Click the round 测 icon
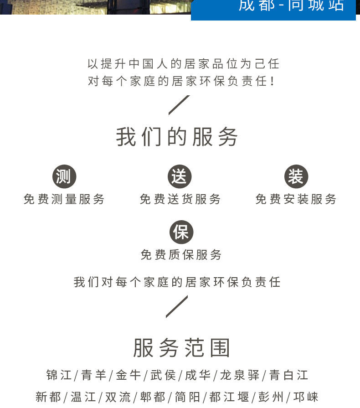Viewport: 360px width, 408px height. (x=64, y=177)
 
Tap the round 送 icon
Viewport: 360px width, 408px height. (x=180, y=177)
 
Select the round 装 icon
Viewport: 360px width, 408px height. (x=296, y=177)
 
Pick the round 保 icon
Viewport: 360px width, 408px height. (x=181, y=232)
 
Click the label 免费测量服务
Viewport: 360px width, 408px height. (x=64, y=199)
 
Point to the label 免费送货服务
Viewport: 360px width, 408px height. (x=180, y=199)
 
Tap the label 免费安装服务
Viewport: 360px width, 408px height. (x=296, y=199)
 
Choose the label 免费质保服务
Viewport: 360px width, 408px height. (x=181, y=255)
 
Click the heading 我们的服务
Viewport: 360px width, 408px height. (x=177, y=137)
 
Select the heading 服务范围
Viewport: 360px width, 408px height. (x=181, y=348)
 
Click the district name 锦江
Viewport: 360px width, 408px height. (x=59, y=375)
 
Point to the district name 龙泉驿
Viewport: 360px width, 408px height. (x=240, y=375)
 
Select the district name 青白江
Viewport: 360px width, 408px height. (x=289, y=375)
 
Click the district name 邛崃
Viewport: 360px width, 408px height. (x=306, y=397)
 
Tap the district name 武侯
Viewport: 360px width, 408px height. (x=163, y=375)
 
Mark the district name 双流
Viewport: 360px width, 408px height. (x=118, y=397)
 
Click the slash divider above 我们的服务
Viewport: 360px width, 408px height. (x=179, y=105)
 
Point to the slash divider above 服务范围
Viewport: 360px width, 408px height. (x=177, y=306)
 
